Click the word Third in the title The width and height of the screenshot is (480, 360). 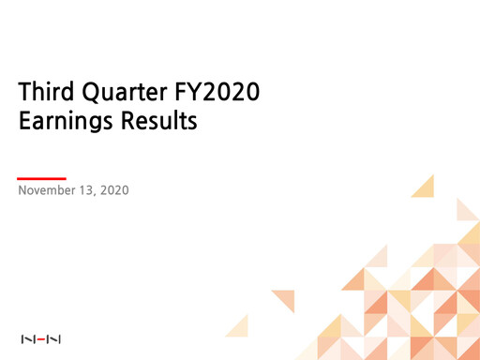[x=46, y=93]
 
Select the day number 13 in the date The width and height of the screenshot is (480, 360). [x=92, y=191]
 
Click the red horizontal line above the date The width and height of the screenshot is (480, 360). [x=42, y=177]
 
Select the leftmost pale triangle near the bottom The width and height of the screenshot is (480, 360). [x=238, y=324]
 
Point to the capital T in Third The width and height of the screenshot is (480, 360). [x=25, y=93]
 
